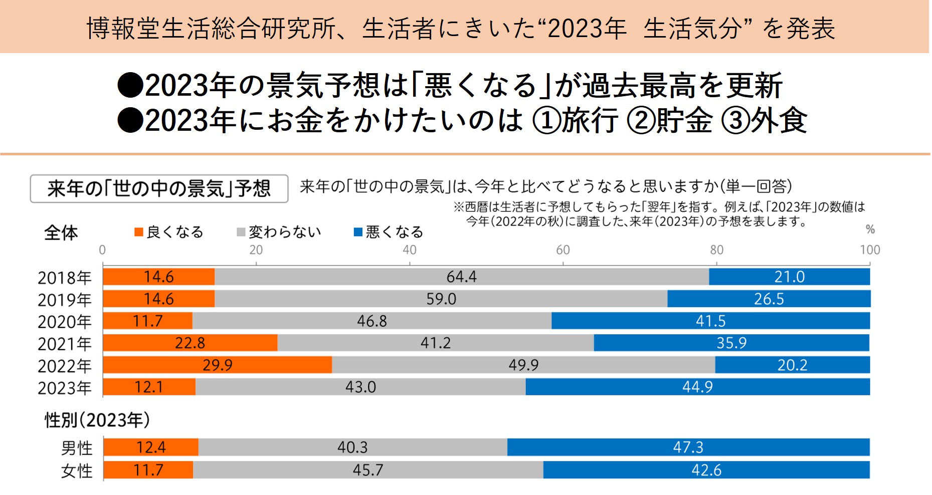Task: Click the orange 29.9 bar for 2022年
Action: pyautogui.click(x=217, y=365)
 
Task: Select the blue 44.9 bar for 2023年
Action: pyautogui.click(x=697, y=387)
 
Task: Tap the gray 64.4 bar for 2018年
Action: pyautogui.click(x=461, y=277)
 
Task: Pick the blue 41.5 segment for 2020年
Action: pyautogui.click(x=710, y=321)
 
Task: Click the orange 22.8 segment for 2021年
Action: pyautogui.click(x=190, y=343)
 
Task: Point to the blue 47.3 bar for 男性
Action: pyautogui.click(x=688, y=447)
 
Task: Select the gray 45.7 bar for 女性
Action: pyautogui.click(x=367, y=470)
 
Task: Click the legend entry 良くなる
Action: pyautogui.click(x=169, y=232)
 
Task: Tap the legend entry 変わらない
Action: pyautogui.click(x=279, y=232)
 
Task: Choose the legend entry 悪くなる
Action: pyautogui.click(x=389, y=232)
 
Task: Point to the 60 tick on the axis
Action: pyautogui.click(x=563, y=250)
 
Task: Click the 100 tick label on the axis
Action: pyautogui.click(x=870, y=250)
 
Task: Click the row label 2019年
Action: pyautogui.click(x=65, y=300)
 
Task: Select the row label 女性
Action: pyautogui.click(x=77, y=471)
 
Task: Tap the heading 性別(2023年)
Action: pyautogui.click(x=97, y=420)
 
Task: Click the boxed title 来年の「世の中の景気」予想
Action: pyautogui.click(x=159, y=189)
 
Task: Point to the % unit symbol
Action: pyautogui.click(x=870, y=229)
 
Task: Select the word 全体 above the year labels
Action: pyautogui.click(x=61, y=233)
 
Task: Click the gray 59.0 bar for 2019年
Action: pyautogui.click(x=441, y=299)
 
